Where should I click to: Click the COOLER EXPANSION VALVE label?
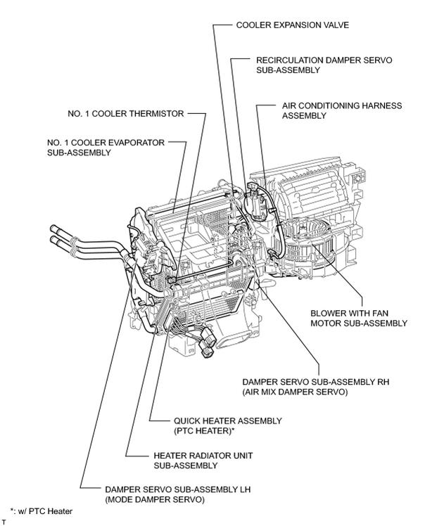tap(293, 25)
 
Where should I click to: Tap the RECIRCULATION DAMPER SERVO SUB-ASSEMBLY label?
tap(324, 65)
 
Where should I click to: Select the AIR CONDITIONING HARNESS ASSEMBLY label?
tap(342, 110)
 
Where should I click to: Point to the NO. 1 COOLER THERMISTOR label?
tap(125, 114)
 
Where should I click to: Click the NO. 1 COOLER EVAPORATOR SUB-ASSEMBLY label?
tap(106, 148)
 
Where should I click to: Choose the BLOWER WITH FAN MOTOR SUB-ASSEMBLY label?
tap(359, 318)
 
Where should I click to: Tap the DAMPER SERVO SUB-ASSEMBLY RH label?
tap(315, 382)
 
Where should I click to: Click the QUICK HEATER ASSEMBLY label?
tap(227, 421)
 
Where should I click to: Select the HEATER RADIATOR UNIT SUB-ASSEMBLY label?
tap(203, 461)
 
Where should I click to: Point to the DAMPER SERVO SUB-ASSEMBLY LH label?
tap(177, 489)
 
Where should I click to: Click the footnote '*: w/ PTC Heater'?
tap(42, 511)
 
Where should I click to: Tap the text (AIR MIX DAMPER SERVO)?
tap(295, 392)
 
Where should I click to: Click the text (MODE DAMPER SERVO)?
tap(155, 499)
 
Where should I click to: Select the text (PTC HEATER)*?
tap(204, 431)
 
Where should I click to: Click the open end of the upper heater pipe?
tap(53, 229)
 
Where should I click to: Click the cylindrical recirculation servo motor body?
tap(255, 204)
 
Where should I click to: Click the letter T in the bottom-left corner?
tap(4, 522)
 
